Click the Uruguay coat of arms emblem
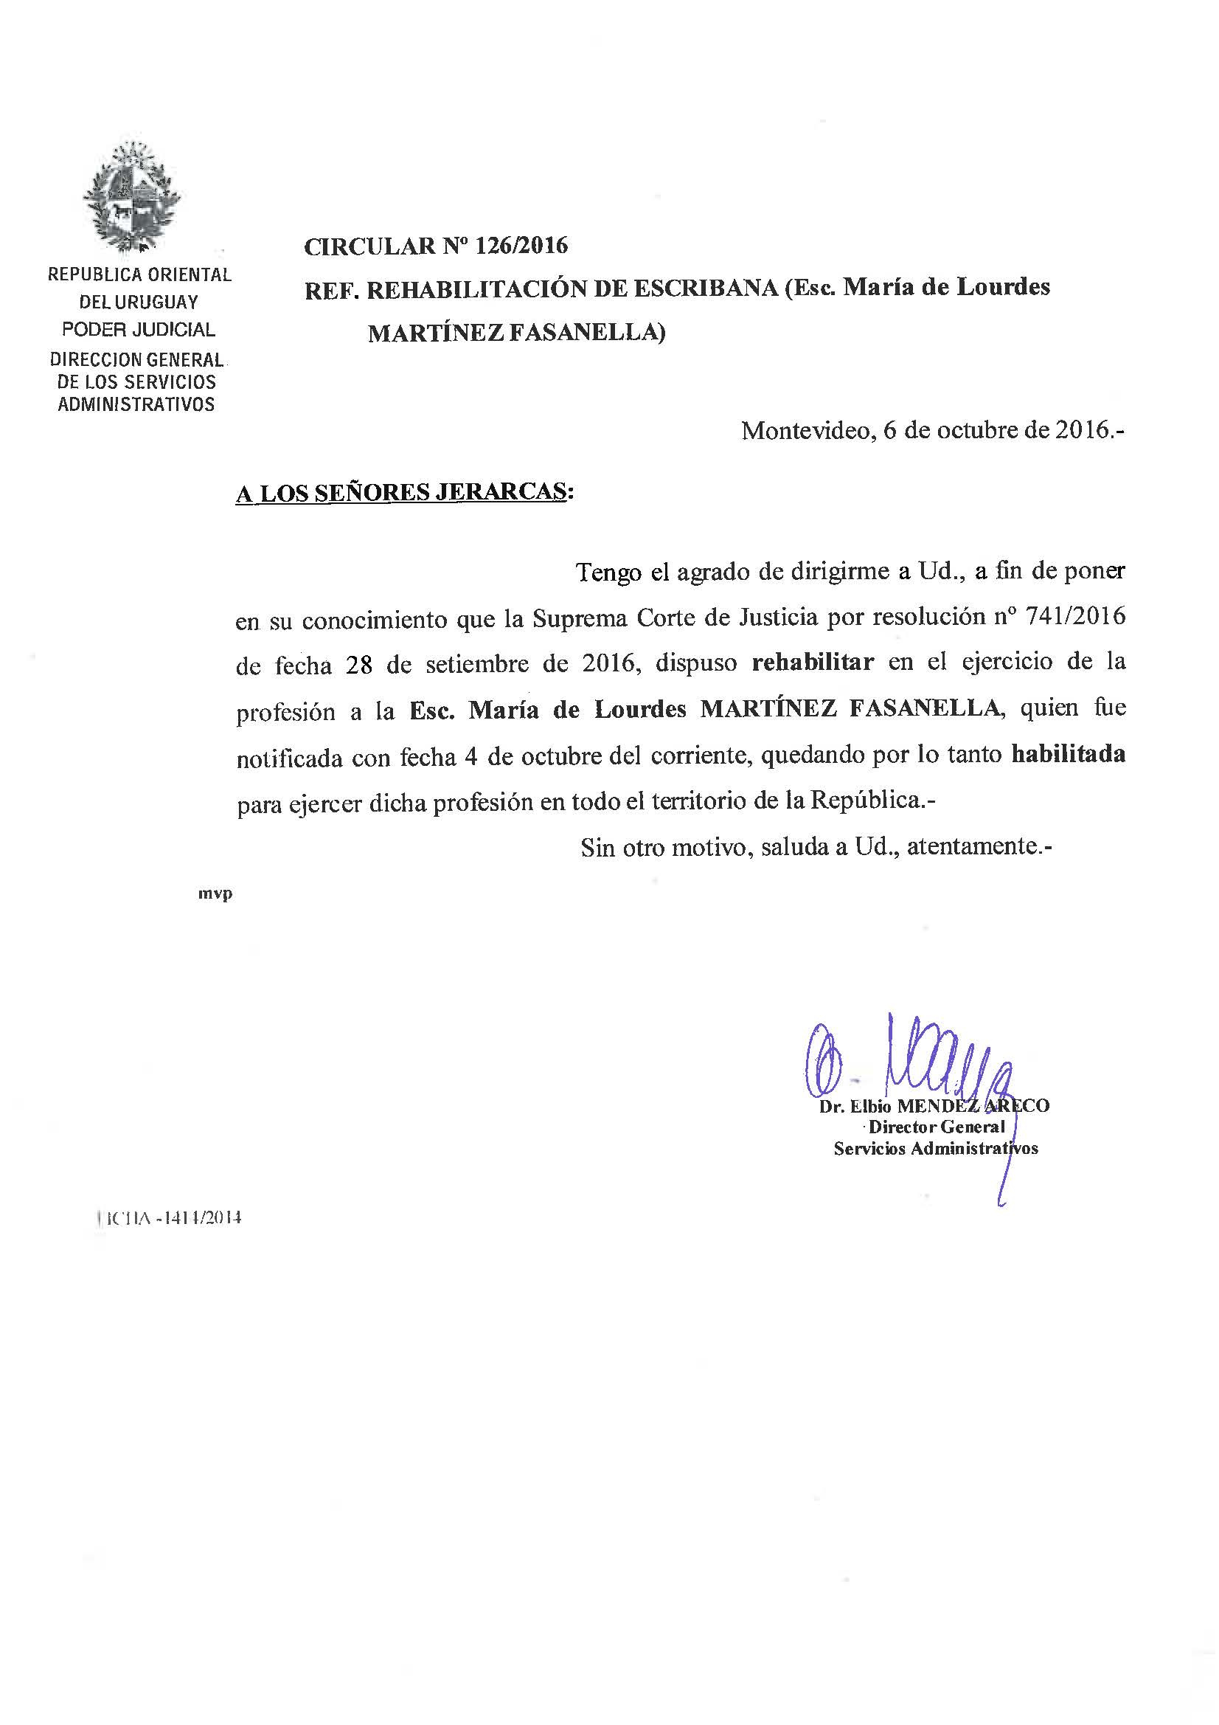click(x=132, y=198)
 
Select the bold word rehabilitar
click(x=813, y=662)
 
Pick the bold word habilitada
click(x=1068, y=754)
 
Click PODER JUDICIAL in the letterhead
click(x=138, y=329)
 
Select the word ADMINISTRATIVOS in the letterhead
click(x=136, y=404)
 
